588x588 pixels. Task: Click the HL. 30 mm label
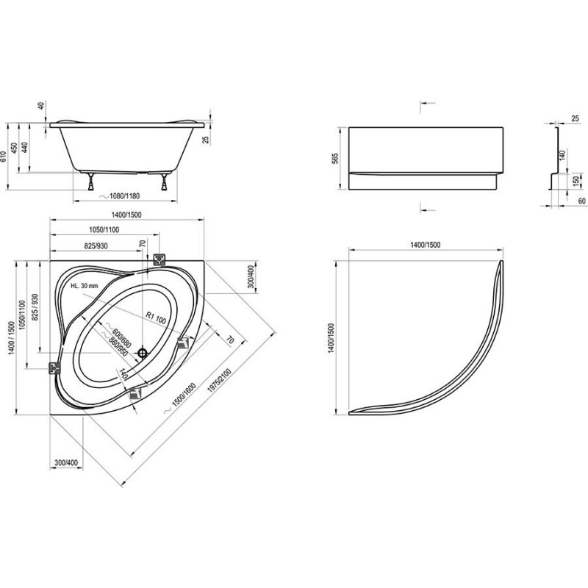tap(85, 286)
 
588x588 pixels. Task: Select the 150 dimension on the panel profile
tap(576, 182)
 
